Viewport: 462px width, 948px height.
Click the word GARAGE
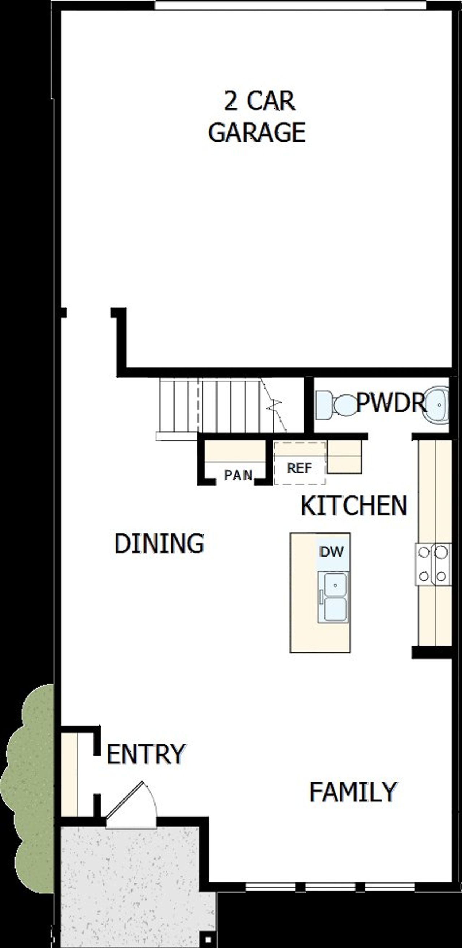pyautogui.click(x=257, y=133)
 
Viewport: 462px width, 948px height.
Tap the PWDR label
pyautogui.click(x=390, y=403)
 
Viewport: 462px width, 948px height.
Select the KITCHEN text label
pyautogui.click(x=354, y=506)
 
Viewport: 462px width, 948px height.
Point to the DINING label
pyautogui.click(x=159, y=543)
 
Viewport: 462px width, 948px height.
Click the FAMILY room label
pyautogui.click(x=353, y=792)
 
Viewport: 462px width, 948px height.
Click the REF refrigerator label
pyautogui.click(x=300, y=468)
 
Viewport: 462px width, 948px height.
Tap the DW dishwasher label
pyautogui.click(x=332, y=552)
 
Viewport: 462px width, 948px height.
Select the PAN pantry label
pyautogui.click(x=238, y=475)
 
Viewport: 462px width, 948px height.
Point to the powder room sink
pyautogui.click(x=437, y=404)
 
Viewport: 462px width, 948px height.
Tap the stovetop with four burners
pyautogui.click(x=433, y=564)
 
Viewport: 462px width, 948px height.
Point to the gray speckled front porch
pyautogui.click(x=132, y=883)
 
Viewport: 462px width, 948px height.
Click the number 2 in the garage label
pyautogui.click(x=231, y=101)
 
